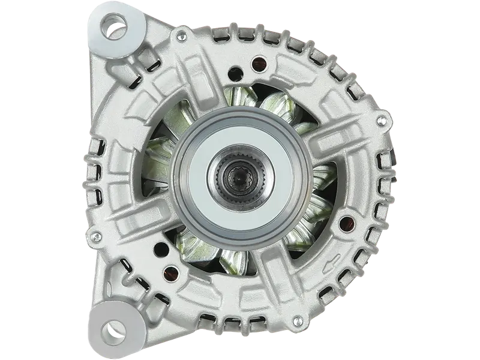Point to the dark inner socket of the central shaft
coord(231,176)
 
